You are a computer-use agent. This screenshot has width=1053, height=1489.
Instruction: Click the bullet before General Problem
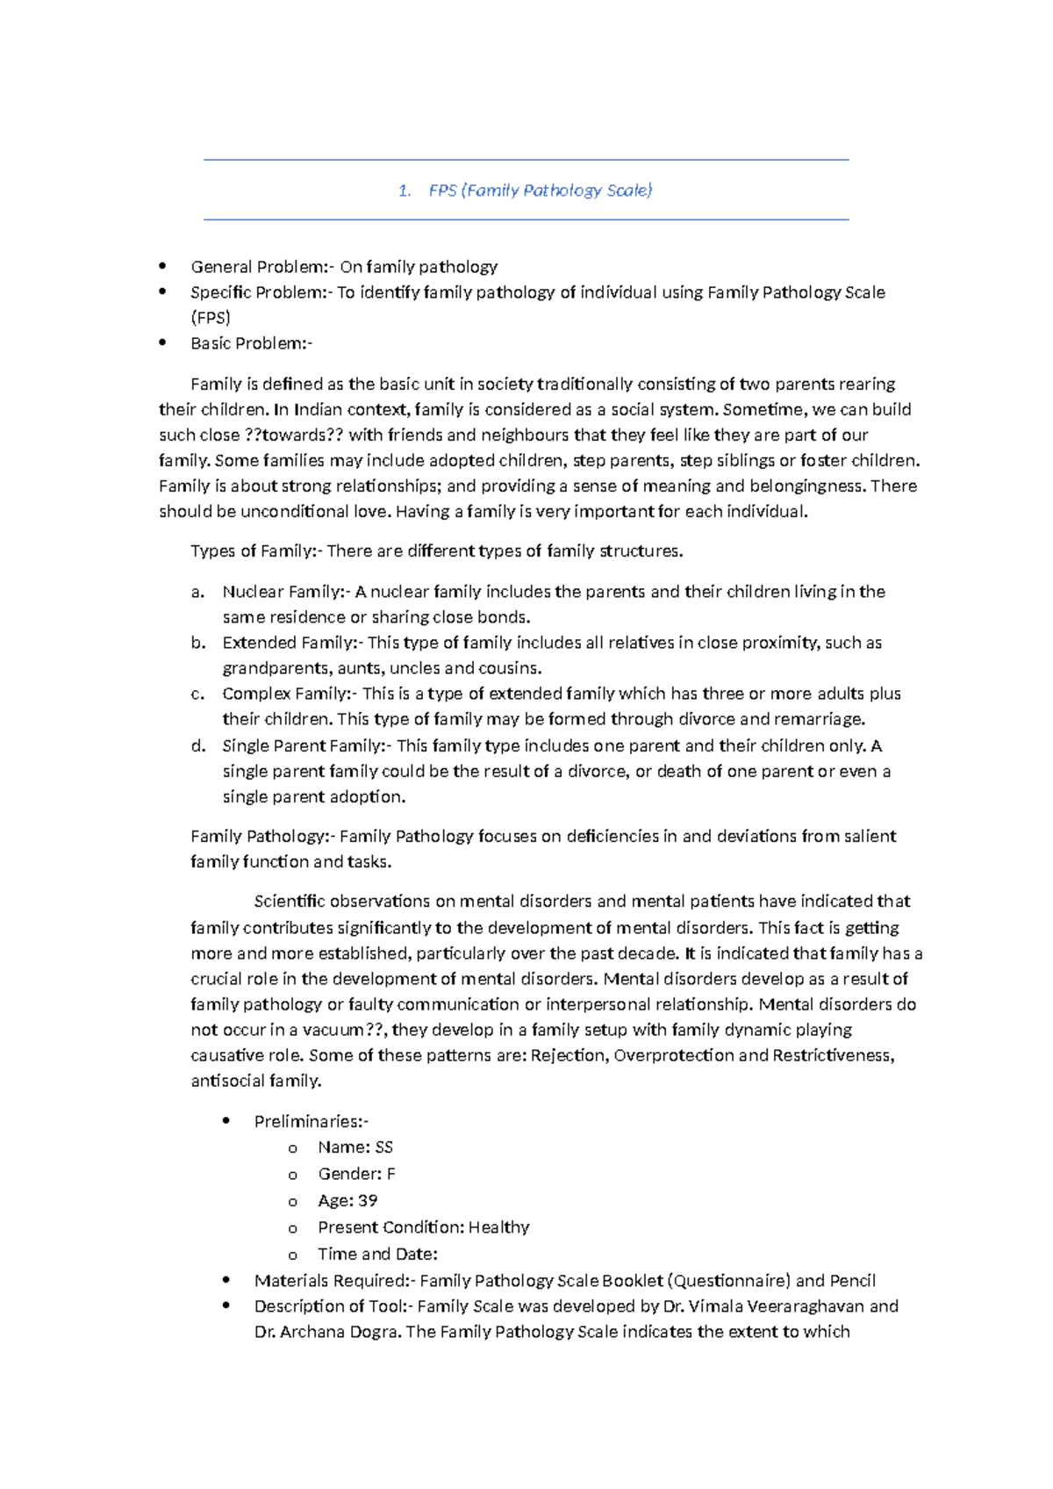162,266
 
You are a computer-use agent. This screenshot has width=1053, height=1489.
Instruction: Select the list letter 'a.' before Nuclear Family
197,592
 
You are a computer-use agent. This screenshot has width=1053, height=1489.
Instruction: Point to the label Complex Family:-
289,694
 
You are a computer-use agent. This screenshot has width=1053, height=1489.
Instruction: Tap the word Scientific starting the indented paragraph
290,902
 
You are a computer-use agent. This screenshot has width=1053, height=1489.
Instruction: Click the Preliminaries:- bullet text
312,1122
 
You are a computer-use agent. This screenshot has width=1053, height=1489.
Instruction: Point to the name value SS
383,1147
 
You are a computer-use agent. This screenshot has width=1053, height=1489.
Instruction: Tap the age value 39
368,1201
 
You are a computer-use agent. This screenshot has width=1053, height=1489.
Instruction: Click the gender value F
390,1175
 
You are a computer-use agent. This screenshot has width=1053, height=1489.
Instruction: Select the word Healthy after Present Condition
498,1227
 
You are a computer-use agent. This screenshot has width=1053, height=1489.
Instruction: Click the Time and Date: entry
377,1255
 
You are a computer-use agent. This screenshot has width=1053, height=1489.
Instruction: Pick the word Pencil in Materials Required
852,1281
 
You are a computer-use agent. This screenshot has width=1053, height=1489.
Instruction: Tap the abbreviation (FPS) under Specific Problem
211,318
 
